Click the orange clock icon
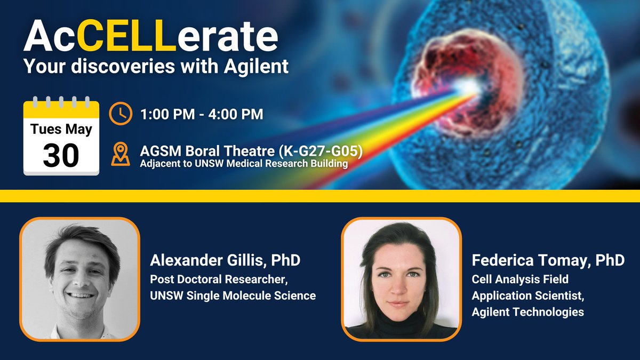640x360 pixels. (121, 114)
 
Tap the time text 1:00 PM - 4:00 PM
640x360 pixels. (202, 114)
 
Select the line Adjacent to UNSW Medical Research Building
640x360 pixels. (244, 164)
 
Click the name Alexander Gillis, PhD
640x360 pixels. (225, 261)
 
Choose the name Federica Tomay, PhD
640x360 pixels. (548, 261)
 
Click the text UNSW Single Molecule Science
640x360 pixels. (233, 295)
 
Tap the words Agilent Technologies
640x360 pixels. (527, 311)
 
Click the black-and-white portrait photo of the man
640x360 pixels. (79, 278)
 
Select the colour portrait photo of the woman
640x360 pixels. (401, 278)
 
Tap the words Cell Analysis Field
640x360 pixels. (520, 278)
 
